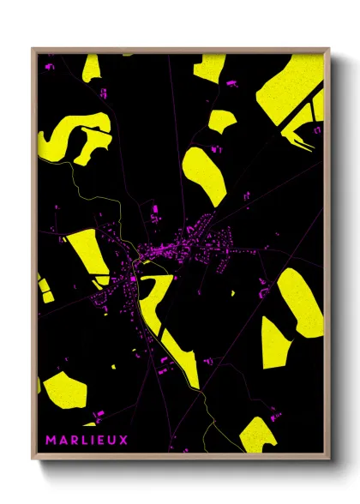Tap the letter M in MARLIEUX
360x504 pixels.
tap(50, 440)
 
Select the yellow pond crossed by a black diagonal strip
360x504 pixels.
tap(290, 94)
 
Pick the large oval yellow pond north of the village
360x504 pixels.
tap(205, 175)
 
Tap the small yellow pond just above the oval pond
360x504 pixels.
tap(221, 120)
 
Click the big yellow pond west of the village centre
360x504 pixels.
tap(87, 253)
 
